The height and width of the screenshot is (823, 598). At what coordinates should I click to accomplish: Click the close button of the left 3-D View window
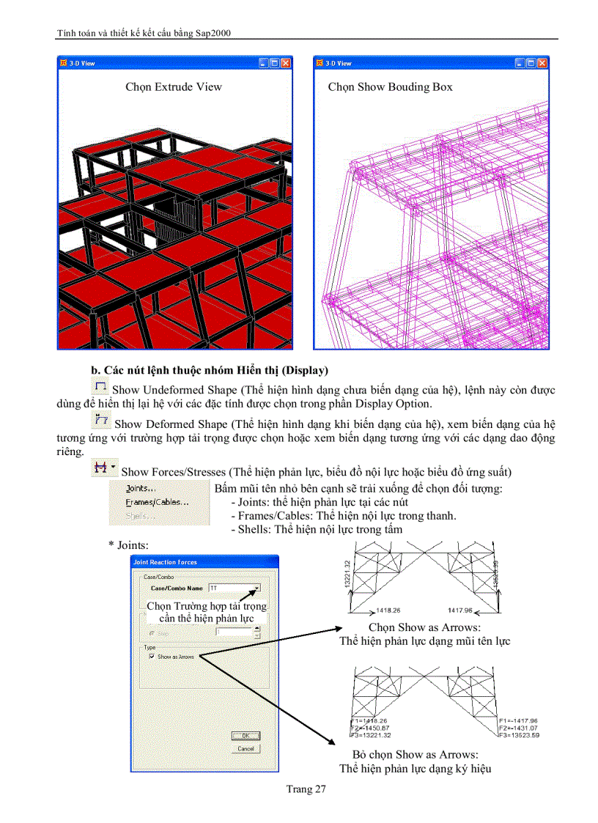(x=286, y=64)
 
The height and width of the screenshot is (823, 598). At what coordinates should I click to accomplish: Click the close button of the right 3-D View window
(x=543, y=64)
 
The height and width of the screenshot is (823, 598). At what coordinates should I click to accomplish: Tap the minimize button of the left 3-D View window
(x=262, y=64)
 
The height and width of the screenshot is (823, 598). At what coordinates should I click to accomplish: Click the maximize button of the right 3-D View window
(x=531, y=64)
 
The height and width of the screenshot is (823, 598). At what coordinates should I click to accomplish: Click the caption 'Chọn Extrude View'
(x=174, y=87)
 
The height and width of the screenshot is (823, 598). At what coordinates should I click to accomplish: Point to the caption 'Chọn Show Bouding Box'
(x=390, y=87)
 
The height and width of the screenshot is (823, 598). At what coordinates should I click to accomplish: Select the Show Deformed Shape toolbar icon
(x=101, y=420)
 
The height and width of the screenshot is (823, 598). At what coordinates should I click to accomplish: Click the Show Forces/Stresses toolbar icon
(x=101, y=468)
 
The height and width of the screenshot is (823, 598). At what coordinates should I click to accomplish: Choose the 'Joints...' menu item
(x=141, y=488)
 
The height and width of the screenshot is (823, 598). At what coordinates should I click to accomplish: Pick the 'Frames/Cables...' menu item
(x=157, y=502)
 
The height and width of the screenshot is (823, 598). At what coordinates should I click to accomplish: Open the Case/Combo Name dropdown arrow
(x=256, y=588)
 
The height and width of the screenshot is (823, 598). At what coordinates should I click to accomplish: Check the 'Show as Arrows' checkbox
(x=152, y=657)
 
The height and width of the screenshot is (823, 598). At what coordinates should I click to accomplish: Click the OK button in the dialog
(x=246, y=736)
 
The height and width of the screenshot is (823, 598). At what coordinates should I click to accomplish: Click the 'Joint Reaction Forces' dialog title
(x=166, y=562)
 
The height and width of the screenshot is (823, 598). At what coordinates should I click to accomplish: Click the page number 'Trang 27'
(x=306, y=789)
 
